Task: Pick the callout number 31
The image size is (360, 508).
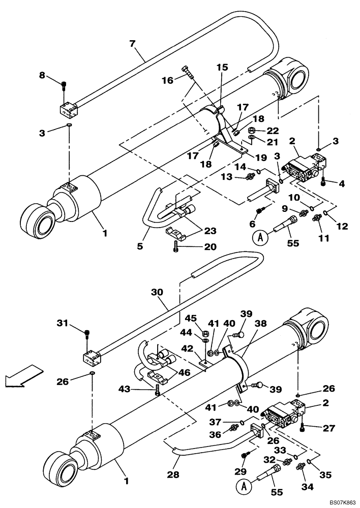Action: pyautogui.click(x=62, y=323)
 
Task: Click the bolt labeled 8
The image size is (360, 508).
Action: pyautogui.click(x=64, y=87)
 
